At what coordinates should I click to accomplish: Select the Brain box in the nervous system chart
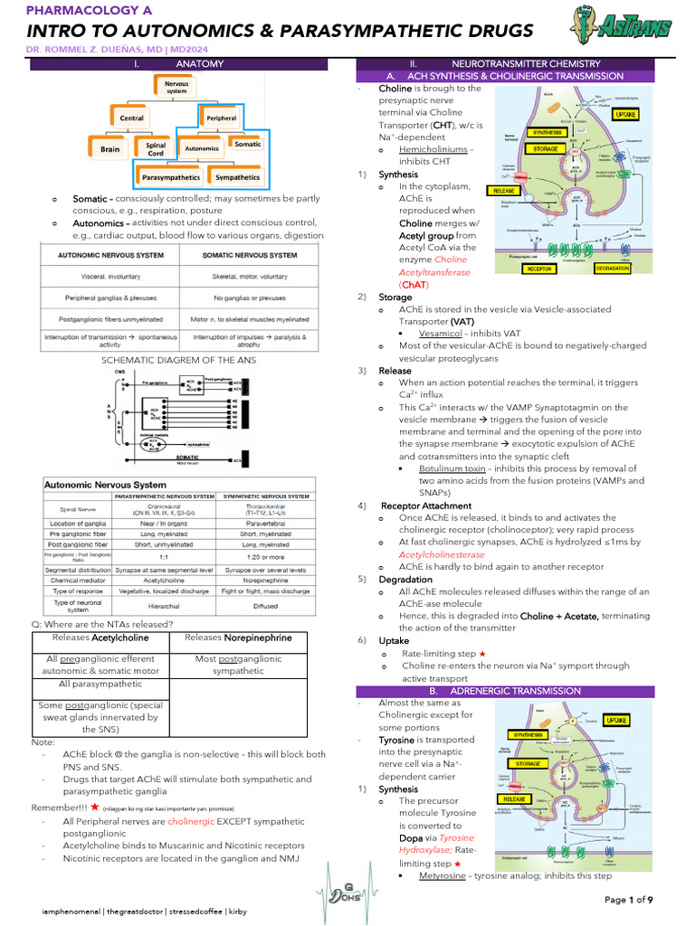pos(110,148)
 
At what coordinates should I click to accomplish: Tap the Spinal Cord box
pos(150,147)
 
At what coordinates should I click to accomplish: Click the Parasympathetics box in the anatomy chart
pos(169,177)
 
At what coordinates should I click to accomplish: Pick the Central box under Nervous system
pos(132,118)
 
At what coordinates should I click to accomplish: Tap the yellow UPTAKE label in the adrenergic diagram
pos(641,721)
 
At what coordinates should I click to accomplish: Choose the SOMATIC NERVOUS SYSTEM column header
pos(251,255)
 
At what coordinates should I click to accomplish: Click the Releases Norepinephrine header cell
pos(238,638)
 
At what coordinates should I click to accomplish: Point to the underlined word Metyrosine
pos(445,875)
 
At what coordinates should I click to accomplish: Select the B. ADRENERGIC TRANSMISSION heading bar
pos(505,691)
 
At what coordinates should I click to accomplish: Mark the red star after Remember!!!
pos(94,807)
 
